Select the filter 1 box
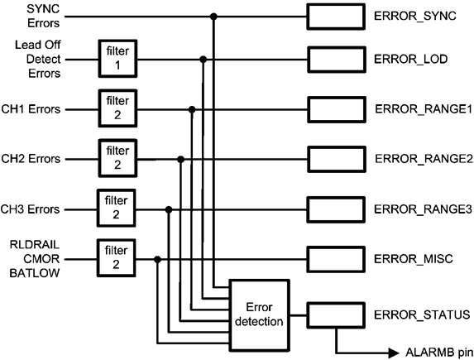pyautogui.click(x=117, y=60)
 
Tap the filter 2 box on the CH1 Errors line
pyautogui.click(x=117, y=108)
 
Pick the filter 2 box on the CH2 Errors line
pyautogui.click(x=117, y=157)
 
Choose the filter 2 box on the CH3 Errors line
pyautogui.click(x=117, y=209)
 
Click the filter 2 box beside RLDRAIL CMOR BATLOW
pyautogui.click(x=117, y=259)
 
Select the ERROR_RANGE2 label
pyautogui.click(x=422, y=158)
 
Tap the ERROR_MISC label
pyautogui.click(x=410, y=259)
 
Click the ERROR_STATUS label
pyautogui.click(x=417, y=314)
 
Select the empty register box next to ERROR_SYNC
pyautogui.click(x=336, y=16)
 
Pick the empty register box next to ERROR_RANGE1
pyautogui.click(x=336, y=109)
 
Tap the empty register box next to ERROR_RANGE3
pyautogui.click(x=336, y=209)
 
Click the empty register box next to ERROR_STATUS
pyautogui.click(x=336, y=314)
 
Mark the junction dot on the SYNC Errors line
pyautogui.click(x=214, y=16)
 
